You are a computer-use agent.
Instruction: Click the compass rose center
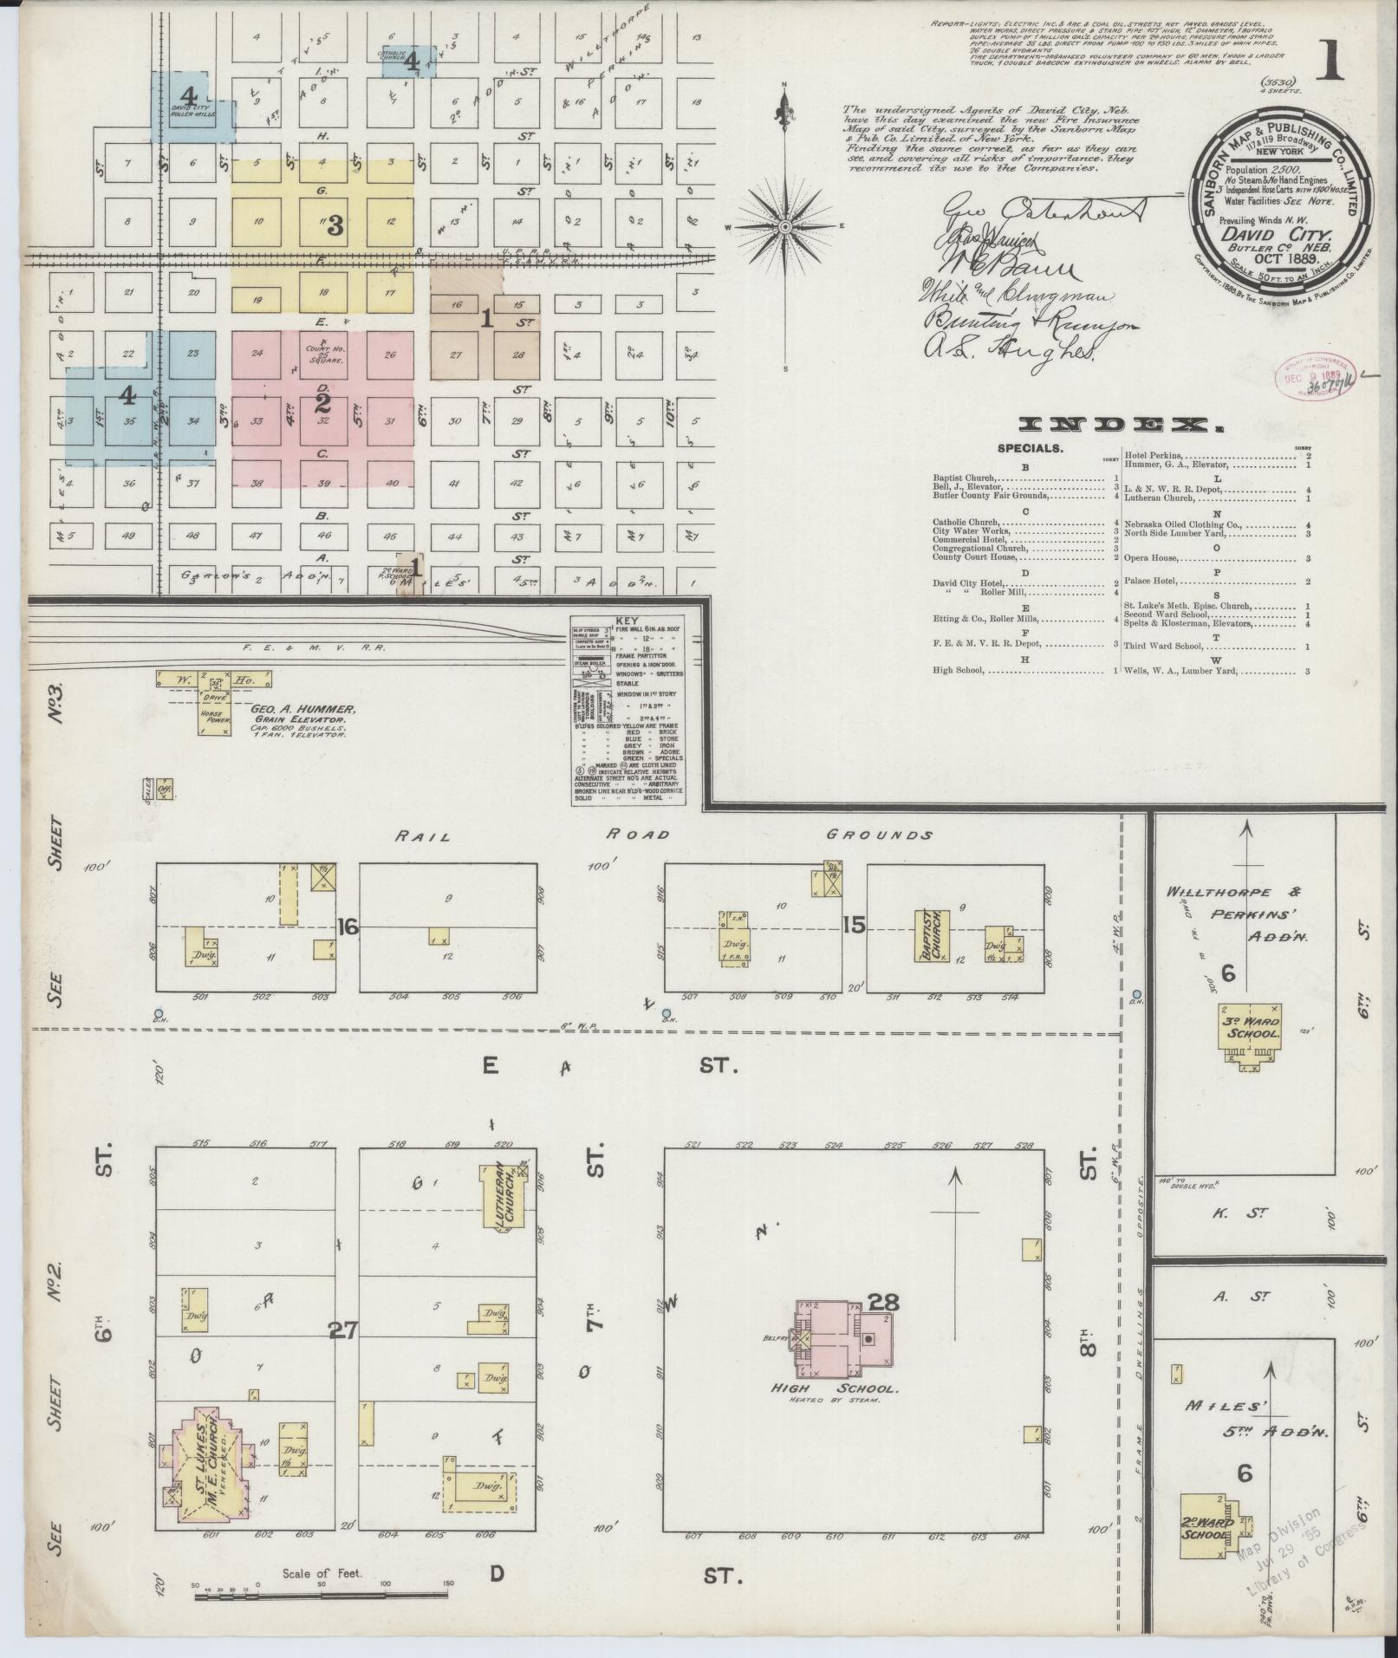[x=784, y=226]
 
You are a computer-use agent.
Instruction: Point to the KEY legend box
[x=628, y=710]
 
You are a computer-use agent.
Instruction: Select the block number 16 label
[x=348, y=927]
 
